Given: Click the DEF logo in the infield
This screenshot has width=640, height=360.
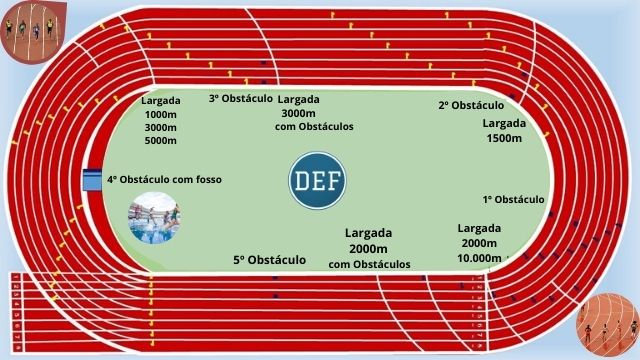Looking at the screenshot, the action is (x=318, y=182).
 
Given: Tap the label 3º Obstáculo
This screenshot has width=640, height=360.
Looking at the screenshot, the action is (x=240, y=98).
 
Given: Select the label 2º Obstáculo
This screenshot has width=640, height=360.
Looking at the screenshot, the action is (x=470, y=105).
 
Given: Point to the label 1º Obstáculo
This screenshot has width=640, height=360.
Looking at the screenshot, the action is (x=513, y=199).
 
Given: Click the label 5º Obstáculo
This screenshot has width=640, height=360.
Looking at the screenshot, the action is (x=270, y=260).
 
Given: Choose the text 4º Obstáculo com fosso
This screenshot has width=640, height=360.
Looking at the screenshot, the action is (x=164, y=180).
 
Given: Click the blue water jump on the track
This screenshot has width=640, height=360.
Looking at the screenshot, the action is (x=92, y=180).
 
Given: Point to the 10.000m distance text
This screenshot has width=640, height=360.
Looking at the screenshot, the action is (x=480, y=258).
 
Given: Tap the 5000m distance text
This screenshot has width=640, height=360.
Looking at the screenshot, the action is (x=161, y=141).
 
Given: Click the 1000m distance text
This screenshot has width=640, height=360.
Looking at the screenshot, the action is (x=161, y=115).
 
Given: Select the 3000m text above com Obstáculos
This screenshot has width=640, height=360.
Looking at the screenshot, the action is (x=299, y=113).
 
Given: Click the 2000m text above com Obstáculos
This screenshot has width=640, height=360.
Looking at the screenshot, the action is (x=369, y=249).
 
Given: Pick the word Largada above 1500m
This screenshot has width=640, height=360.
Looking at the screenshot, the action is (x=503, y=123).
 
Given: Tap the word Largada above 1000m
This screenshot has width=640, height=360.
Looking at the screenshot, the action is (x=161, y=101).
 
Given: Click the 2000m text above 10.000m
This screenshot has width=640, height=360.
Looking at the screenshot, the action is (x=479, y=243).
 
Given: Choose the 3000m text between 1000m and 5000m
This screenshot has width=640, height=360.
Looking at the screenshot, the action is (x=161, y=128).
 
